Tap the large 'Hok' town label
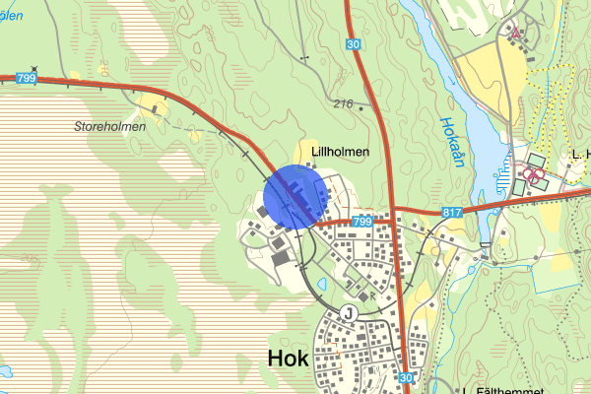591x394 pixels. point(288,361)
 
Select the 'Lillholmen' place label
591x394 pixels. point(340,152)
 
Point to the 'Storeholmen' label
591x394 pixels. point(109,126)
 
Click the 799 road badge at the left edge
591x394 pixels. point(26,77)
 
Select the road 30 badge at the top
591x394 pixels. point(354,44)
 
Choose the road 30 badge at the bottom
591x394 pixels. point(407,378)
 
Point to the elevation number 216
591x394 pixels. point(343,103)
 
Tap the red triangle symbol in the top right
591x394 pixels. point(514,32)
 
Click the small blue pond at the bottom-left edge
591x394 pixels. point(3,371)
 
